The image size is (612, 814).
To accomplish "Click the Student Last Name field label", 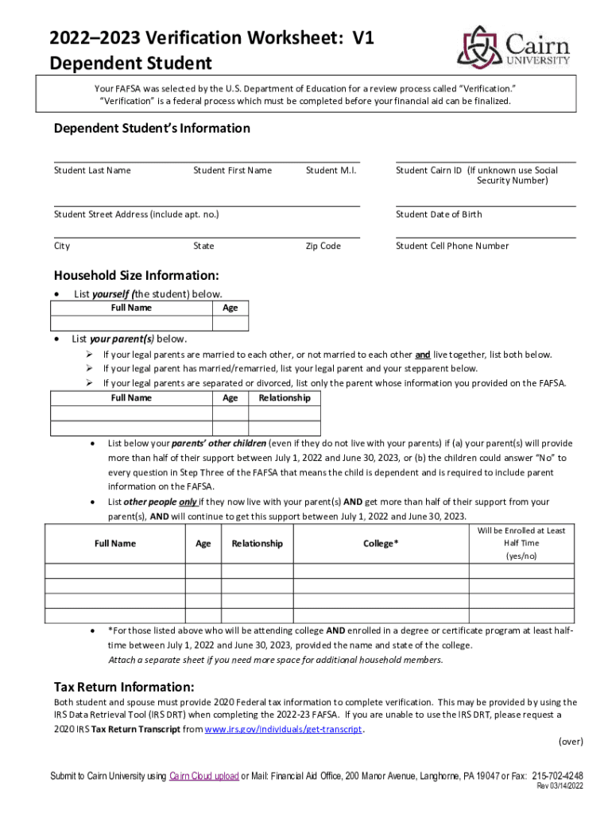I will [x=92, y=170].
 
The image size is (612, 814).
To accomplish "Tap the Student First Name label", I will [x=232, y=170].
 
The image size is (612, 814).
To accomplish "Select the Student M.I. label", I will [x=331, y=170].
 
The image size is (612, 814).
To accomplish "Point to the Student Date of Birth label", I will [x=439, y=214].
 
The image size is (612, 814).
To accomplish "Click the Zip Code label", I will [x=323, y=246].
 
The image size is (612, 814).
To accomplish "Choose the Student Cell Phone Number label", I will [x=452, y=246].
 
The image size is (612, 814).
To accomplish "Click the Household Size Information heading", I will [x=136, y=275].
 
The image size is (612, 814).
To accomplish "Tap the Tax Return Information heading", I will [x=123, y=687].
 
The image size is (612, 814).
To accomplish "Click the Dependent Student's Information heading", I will [x=152, y=128].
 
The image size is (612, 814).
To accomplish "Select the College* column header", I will [x=381, y=544].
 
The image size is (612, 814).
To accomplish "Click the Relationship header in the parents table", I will [x=285, y=397].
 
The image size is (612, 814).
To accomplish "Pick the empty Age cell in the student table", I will [x=230, y=323].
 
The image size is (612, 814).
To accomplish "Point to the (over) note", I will [x=570, y=742].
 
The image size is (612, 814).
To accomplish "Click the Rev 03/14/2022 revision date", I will [x=560, y=787].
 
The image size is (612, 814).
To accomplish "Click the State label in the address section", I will [x=203, y=246].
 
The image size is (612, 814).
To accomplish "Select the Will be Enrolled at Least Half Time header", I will [x=521, y=543].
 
